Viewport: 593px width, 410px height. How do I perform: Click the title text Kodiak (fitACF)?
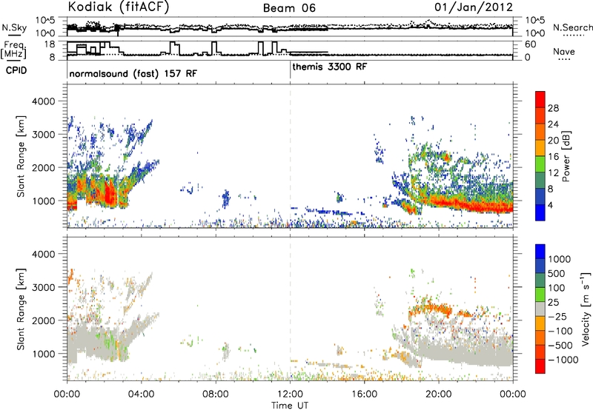[x=119, y=7]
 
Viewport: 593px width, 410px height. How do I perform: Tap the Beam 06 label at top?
[x=289, y=8]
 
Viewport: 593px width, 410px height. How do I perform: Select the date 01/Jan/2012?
[x=474, y=7]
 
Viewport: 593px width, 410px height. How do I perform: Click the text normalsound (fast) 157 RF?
[x=133, y=73]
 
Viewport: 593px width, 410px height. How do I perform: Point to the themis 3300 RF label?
[x=329, y=67]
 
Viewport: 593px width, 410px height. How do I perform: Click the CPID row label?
[x=16, y=70]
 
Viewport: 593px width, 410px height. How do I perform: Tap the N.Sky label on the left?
[x=14, y=28]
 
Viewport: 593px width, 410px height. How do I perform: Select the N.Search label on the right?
[x=572, y=27]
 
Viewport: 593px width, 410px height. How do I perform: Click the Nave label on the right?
[x=564, y=51]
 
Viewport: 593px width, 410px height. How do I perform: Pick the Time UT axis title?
[x=290, y=406]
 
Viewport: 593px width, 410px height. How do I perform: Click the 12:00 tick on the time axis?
[x=290, y=394]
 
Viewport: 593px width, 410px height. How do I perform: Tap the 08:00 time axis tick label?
[x=216, y=394]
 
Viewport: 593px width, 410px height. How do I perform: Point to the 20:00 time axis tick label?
[x=439, y=394]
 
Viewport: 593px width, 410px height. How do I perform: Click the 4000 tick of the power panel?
[x=44, y=101]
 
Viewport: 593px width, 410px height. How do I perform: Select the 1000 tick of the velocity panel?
[x=44, y=354]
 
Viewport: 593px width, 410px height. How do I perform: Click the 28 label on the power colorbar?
[x=553, y=108]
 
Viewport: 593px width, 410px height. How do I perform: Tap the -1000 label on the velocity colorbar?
[x=563, y=360]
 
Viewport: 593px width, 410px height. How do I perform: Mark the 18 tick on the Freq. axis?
[x=50, y=44]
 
